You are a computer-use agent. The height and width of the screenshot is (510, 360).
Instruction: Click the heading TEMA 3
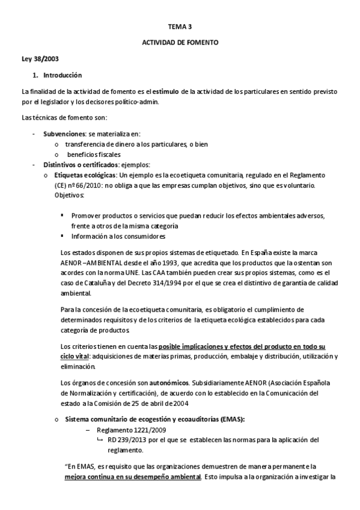tap(180, 26)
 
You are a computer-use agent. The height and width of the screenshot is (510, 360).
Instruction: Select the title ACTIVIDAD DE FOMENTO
tap(180, 43)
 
